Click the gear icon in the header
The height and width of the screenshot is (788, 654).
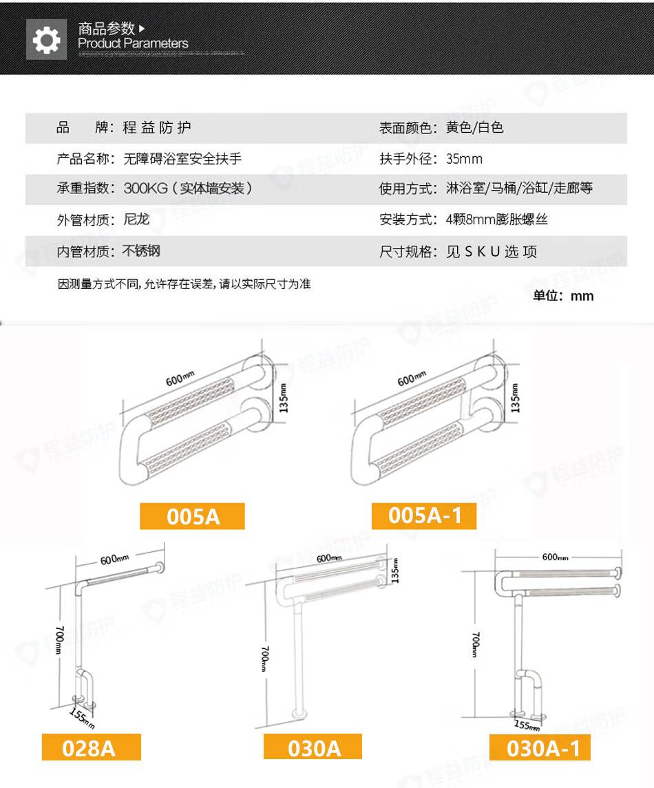click(x=46, y=40)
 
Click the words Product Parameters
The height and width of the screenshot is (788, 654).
click(x=134, y=44)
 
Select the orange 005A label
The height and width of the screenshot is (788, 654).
click(x=193, y=516)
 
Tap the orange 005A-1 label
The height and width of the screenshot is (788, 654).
click(x=424, y=515)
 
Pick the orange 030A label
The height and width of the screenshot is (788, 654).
click(x=313, y=747)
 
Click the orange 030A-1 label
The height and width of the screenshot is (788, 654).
click(x=540, y=748)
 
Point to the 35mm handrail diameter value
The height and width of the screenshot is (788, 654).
click(x=464, y=159)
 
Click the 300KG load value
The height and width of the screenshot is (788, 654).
click(x=146, y=189)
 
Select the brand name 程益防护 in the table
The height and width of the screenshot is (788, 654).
click(x=157, y=127)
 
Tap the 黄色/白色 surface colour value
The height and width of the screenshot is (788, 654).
click(x=474, y=127)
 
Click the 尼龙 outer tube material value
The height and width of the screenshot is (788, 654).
click(x=137, y=219)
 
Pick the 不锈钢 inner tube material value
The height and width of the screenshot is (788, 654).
click(x=141, y=251)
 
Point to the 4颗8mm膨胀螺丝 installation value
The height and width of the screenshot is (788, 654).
click(x=496, y=220)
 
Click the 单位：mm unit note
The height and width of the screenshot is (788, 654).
click(x=563, y=295)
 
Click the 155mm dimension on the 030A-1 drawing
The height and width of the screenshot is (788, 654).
click(x=527, y=725)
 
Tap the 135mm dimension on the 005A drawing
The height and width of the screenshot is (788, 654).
click(x=283, y=398)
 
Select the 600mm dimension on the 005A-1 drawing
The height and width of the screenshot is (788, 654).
click(x=412, y=379)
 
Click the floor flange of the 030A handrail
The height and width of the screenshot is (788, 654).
click(x=299, y=712)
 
